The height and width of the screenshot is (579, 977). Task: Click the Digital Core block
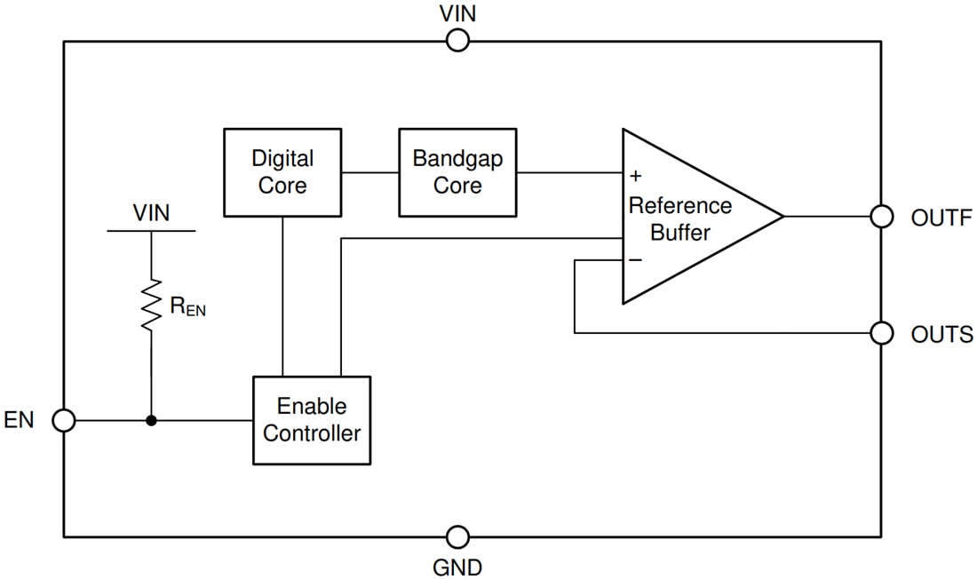point(282,172)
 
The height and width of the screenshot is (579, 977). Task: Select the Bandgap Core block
point(457,172)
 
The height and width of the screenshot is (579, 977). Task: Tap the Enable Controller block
point(312,420)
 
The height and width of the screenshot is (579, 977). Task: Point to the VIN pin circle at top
point(457,40)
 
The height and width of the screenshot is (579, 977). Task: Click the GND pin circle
point(457,536)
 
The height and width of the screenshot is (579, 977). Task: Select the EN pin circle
point(64,420)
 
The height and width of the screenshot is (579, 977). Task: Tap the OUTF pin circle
point(881,217)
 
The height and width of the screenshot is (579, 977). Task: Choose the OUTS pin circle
point(881,333)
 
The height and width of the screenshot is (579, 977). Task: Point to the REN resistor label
point(187,307)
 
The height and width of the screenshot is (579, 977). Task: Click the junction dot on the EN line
point(151,420)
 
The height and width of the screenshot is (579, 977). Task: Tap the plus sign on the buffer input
point(636,175)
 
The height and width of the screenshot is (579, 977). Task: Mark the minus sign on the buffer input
point(636,259)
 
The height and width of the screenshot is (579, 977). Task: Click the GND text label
point(458,566)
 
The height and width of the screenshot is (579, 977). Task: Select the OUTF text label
point(941,218)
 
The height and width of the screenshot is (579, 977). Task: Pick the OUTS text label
point(941,334)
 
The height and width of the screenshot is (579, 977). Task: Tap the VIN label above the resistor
point(151,213)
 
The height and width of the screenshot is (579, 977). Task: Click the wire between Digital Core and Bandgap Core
point(369,172)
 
